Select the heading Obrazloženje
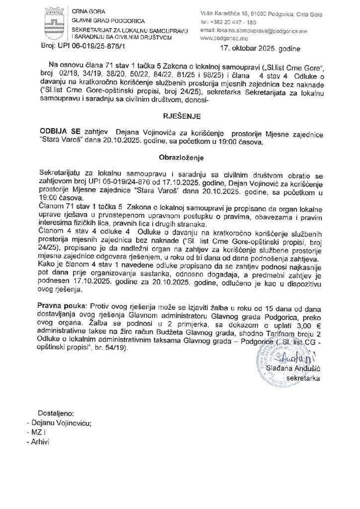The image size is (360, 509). coord(180,157)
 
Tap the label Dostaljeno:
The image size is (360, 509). coord(56,413)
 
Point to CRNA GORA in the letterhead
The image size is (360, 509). coord(86,11)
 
